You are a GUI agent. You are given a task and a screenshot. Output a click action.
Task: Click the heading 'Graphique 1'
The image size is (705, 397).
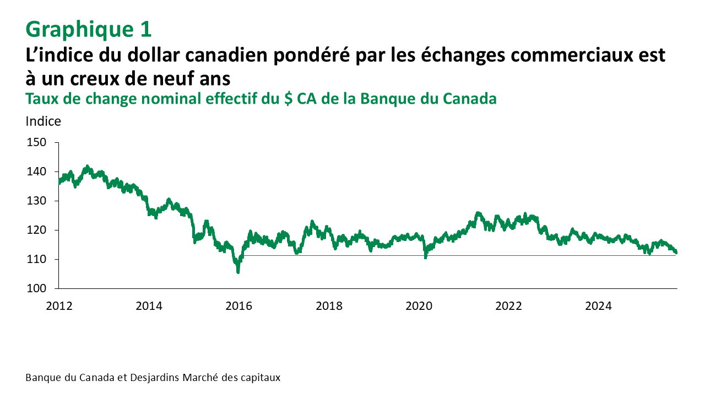[88, 29]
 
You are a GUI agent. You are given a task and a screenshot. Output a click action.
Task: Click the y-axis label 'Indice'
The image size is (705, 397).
[44, 122]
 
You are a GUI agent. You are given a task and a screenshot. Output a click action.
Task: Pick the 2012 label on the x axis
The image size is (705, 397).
[59, 306]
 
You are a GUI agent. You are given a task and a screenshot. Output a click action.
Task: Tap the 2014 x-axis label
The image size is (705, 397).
[149, 306]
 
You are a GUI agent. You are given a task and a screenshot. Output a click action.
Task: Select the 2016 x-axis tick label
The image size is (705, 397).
[238, 306]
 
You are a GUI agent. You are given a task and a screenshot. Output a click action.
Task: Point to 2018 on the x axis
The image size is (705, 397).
[328, 306]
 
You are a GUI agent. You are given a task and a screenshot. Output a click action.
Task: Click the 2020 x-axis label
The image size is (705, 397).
[418, 306]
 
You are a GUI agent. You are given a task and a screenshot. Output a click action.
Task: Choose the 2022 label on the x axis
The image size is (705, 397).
[508, 306]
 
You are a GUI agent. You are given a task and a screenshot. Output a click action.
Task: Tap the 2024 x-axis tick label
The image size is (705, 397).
[598, 306]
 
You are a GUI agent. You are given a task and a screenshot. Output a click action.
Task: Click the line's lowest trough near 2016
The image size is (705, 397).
[238, 271]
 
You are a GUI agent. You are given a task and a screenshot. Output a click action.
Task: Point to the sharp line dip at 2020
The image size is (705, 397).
[425, 256]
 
